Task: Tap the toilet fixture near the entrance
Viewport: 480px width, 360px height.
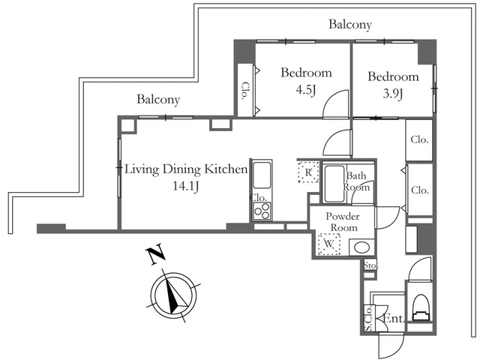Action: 421,307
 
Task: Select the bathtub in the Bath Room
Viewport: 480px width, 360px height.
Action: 334,184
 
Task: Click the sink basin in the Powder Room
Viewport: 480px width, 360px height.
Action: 361,247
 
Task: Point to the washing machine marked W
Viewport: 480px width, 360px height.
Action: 329,244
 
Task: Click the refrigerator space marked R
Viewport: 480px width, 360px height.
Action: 308,172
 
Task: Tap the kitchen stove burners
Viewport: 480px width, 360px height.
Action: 262,211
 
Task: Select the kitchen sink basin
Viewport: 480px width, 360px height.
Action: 262,175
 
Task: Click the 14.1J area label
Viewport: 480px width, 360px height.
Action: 186,186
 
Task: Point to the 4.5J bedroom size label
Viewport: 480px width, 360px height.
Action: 305,90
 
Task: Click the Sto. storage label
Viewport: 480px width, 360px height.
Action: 370,265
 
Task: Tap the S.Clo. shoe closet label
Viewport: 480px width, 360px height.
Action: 368,318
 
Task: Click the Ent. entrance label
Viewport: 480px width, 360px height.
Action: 394,319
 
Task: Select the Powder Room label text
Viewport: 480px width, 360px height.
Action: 343,222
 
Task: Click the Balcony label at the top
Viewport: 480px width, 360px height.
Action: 350,24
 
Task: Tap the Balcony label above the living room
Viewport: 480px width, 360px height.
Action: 158,99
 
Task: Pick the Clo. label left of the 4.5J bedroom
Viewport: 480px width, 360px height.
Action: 244,91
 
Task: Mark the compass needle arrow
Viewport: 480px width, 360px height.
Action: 172,293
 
